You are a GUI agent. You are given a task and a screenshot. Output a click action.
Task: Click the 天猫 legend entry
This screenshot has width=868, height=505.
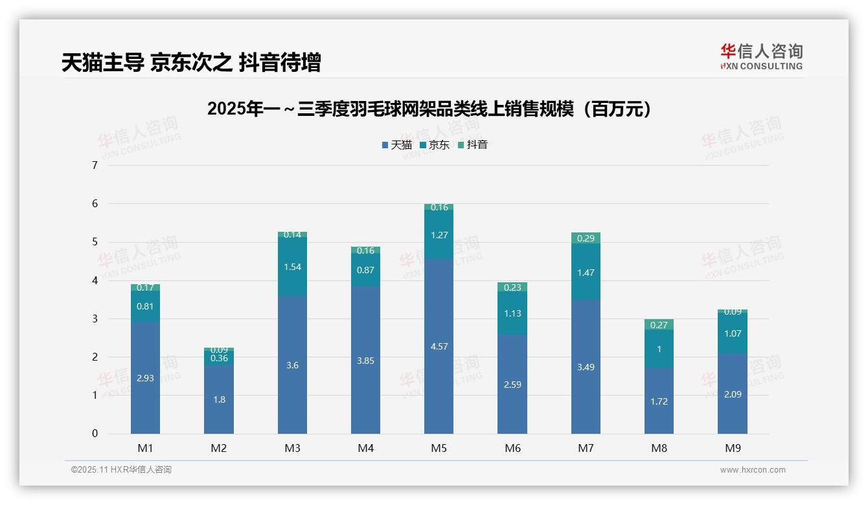396,145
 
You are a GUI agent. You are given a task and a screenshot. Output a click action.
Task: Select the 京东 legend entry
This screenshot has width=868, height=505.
435,145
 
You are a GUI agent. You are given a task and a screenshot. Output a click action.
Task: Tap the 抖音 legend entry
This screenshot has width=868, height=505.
473,145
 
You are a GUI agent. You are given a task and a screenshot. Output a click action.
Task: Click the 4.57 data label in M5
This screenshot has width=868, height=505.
439,346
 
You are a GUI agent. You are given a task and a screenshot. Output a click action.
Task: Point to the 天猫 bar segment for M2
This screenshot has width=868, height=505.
219,399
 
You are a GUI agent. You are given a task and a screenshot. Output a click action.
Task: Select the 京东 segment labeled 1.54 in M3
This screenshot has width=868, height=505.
292,267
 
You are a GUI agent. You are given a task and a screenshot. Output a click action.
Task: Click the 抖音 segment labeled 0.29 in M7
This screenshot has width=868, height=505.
586,238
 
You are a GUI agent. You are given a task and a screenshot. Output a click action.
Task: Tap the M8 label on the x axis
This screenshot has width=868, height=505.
659,448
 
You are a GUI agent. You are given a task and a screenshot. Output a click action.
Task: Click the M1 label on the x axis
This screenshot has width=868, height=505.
145,448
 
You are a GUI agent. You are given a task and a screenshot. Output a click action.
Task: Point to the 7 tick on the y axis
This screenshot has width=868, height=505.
95,166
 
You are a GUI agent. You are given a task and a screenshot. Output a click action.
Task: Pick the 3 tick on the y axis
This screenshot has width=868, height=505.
95,319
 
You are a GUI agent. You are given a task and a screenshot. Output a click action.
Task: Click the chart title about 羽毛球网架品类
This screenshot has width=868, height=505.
429,109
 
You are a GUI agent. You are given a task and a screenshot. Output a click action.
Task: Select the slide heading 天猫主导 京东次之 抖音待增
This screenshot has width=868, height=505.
191,63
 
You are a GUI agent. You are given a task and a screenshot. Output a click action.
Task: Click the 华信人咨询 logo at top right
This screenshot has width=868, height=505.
761,57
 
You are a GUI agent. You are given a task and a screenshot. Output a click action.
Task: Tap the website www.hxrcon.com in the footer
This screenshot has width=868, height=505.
753,470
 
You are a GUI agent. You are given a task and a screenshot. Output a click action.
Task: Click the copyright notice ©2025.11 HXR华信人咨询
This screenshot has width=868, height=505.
121,470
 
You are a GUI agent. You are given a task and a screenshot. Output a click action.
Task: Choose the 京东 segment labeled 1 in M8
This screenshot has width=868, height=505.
659,350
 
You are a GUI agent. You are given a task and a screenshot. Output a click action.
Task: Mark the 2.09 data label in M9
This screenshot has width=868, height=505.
732,394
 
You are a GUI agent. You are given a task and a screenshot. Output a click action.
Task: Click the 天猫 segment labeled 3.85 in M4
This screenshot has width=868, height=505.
365,361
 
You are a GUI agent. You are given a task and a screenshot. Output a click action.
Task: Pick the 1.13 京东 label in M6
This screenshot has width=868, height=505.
512,313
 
